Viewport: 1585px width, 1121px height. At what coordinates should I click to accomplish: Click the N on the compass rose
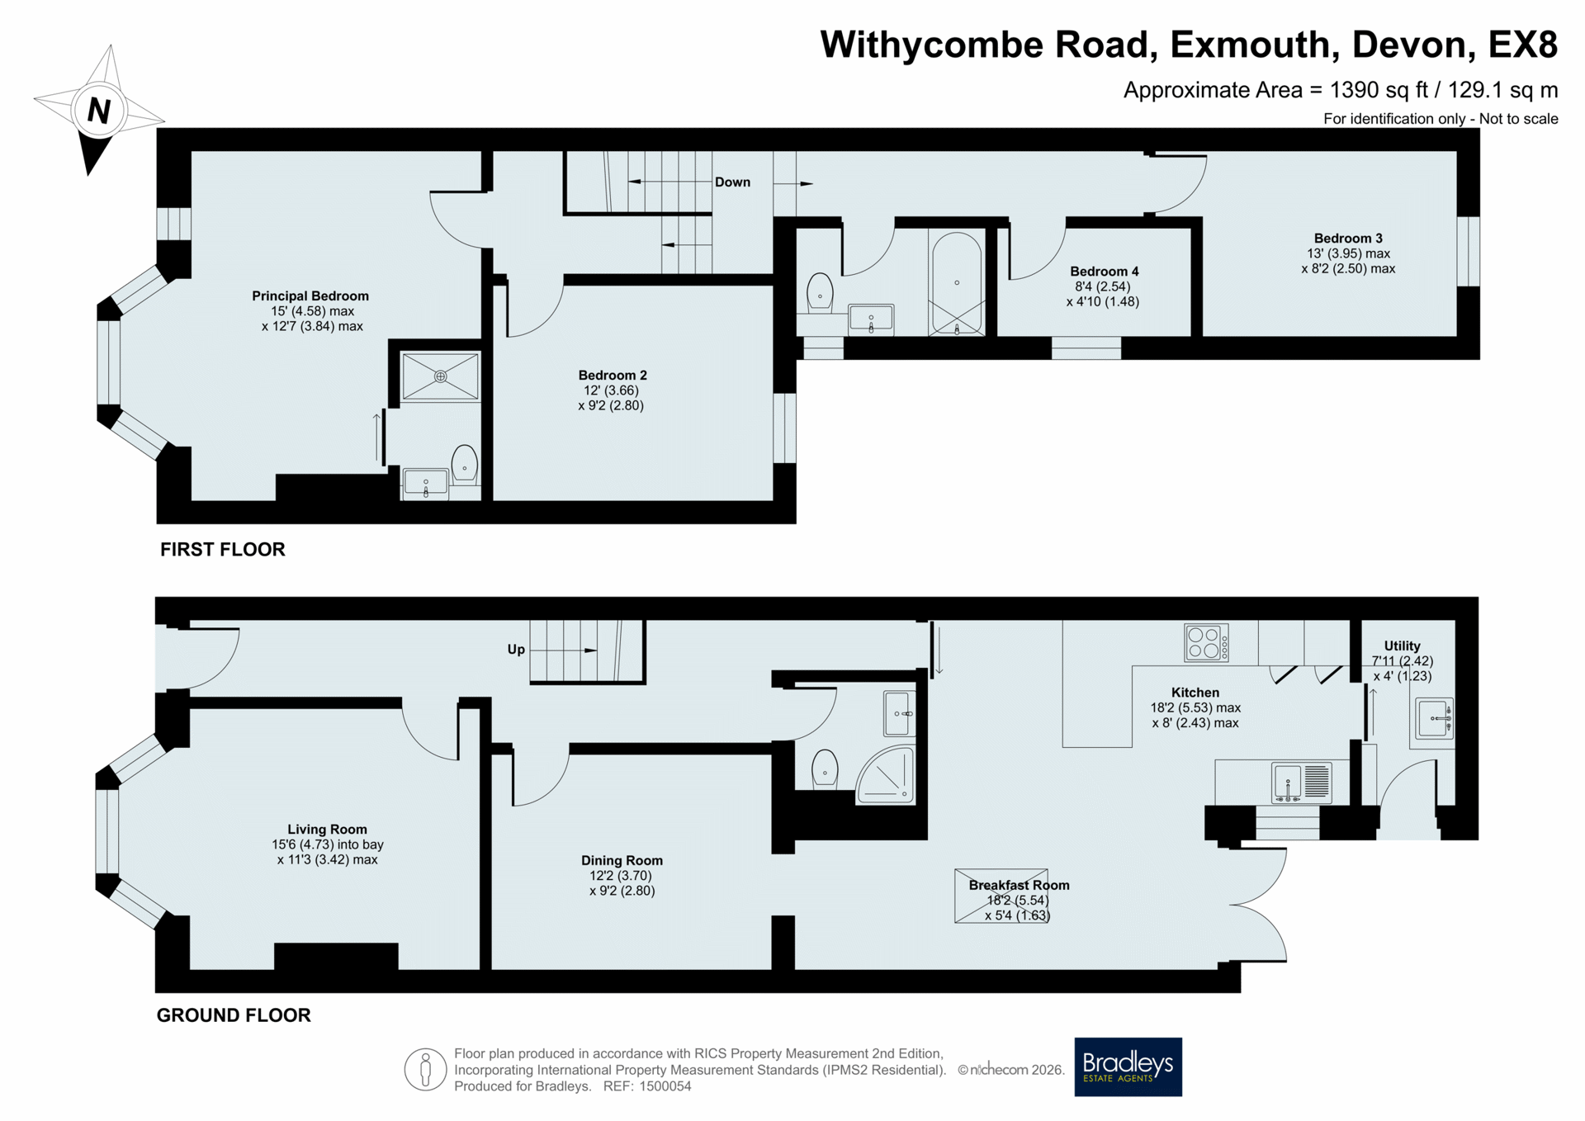click(x=99, y=111)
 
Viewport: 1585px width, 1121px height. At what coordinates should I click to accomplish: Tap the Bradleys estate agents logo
click(x=1128, y=1067)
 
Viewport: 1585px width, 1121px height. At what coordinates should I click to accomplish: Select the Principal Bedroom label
click(x=310, y=296)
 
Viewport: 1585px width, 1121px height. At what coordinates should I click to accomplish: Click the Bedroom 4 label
click(x=1104, y=272)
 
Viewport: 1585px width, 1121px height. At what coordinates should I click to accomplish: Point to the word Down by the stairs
click(x=732, y=182)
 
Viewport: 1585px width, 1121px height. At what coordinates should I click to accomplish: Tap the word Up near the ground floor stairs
click(x=516, y=650)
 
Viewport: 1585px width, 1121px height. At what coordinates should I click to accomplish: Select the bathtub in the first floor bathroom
click(x=957, y=283)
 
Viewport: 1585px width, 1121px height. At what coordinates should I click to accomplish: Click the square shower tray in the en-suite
click(x=440, y=377)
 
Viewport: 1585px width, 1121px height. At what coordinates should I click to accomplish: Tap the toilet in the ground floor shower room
click(x=825, y=769)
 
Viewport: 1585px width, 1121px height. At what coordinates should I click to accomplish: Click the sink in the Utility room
click(x=1434, y=718)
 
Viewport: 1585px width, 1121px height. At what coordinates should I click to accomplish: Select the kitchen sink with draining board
click(x=1302, y=783)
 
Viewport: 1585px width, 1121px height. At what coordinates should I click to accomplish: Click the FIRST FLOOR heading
click(x=223, y=550)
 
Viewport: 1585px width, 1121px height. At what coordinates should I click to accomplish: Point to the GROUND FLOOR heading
click(x=234, y=1015)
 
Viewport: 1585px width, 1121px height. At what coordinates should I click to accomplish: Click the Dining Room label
click(x=622, y=860)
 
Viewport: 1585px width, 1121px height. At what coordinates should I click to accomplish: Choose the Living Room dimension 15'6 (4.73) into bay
click(x=328, y=844)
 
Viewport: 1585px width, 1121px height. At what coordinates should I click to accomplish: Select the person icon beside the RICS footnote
click(x=425, y=1070)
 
